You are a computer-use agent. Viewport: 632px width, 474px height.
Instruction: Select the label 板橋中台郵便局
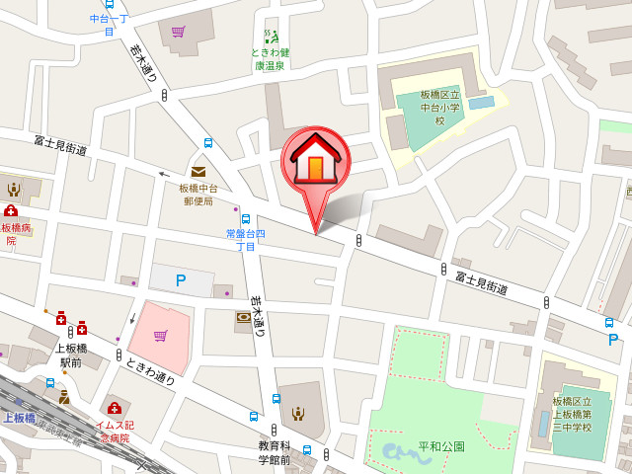(198, 194)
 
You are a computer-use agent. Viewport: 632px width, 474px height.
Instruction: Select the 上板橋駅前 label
(70, 355)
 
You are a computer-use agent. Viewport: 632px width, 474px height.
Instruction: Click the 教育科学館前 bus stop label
(274, 452)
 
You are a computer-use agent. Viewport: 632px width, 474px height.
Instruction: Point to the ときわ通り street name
(150, 371)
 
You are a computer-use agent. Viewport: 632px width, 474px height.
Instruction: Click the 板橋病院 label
(16, 234)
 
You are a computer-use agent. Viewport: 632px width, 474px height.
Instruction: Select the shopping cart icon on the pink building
(160, 336)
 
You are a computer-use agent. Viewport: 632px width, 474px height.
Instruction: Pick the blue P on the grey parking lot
(181, 280)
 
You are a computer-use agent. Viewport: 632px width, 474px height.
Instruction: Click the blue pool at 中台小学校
(481, 102)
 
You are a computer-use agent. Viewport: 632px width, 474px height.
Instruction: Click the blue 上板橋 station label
(19, 418)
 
